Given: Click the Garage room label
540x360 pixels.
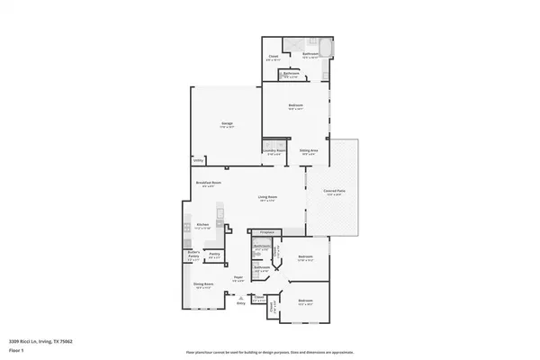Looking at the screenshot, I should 228,125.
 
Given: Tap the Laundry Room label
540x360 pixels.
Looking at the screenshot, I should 274,150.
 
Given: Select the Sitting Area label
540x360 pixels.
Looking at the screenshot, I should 309,150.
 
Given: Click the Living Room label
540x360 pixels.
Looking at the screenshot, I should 267,197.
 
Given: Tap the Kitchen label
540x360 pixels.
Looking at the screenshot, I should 202,224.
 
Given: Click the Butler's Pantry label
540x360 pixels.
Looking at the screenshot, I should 193,256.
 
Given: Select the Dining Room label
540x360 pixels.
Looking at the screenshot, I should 202,285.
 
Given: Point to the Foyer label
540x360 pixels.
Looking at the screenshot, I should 238,277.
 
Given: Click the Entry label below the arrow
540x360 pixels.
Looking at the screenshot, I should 240,304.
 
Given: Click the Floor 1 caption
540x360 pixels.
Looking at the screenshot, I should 15,351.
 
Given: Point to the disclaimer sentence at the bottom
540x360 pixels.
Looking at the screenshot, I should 269,352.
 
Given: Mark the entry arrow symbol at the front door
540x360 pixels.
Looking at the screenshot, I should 240,296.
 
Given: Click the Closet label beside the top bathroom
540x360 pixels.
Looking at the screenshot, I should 274,56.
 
